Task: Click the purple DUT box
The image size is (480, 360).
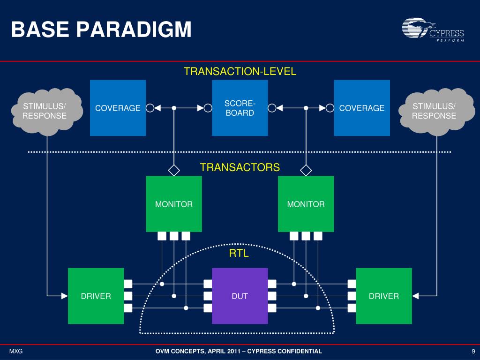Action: [240, 296]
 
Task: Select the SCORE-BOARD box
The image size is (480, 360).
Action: [240, 108]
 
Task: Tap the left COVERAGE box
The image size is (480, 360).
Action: [118, 108]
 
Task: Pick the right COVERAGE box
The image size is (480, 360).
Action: [362, 108]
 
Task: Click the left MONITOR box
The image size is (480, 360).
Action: [174, 204]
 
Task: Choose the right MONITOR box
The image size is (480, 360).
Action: [306, 204]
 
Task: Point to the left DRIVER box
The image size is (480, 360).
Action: [96, 296]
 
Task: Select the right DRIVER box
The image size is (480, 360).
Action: [384, 296]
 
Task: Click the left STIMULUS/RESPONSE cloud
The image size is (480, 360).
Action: [47, 112]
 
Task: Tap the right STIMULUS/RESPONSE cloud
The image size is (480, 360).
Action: [436, 112]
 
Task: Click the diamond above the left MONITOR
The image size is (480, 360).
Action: [174, 170]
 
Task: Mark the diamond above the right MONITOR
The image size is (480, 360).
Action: [306, 170]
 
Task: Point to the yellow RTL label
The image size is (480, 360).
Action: [239, 254]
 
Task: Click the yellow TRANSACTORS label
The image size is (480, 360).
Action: [240, 167]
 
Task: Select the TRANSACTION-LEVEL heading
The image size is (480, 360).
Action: [240, 71]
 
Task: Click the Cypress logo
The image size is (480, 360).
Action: [433, 30]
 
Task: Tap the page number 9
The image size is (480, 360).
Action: [473, 351]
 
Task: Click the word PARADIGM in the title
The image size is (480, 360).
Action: [134, 30]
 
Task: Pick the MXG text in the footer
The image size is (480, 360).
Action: [16, 351]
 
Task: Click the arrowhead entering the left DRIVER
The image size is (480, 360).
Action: [65, 296]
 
